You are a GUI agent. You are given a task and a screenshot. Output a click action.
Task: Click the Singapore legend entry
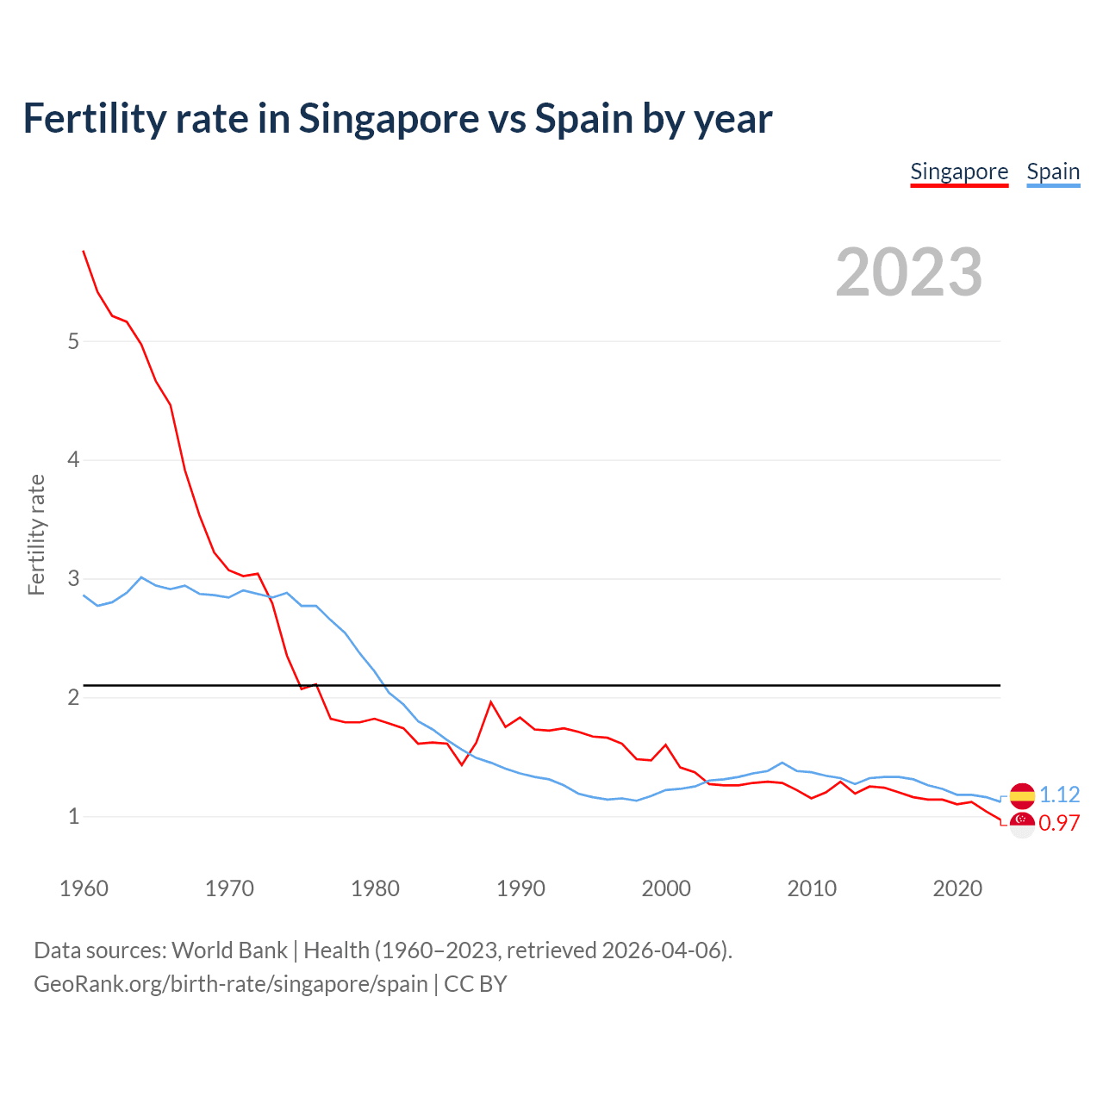[959, 171]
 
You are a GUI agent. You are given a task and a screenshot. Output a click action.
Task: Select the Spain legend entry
[1053, 171]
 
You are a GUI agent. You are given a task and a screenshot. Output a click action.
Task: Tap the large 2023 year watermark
[909, 272]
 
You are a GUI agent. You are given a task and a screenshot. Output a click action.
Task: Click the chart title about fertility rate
[397, 118]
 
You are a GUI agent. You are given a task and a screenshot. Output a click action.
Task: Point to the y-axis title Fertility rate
[36, 534]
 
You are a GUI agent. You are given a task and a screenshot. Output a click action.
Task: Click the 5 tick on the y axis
[73, 341]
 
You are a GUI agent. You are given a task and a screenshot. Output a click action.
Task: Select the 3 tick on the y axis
[73, 578]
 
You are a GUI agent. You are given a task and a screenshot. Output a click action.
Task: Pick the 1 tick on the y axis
[73, 816]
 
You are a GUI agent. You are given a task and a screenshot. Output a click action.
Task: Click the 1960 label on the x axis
[84, 888]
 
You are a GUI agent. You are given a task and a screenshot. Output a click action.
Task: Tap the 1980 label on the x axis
[375, 888]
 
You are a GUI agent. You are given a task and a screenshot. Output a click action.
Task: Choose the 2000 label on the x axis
[666, 888]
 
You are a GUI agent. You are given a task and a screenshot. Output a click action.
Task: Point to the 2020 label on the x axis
[957, 888]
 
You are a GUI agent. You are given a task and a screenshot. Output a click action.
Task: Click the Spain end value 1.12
[1060, 795]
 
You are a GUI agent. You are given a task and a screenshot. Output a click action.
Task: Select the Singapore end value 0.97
[1059, 824]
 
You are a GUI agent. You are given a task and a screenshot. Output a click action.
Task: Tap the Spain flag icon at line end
[1022, 795]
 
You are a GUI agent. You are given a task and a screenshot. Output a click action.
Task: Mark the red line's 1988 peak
[491, 701]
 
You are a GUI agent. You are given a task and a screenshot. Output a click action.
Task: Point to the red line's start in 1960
[84, 251]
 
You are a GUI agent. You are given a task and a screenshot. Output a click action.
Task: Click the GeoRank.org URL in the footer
[231, 983]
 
